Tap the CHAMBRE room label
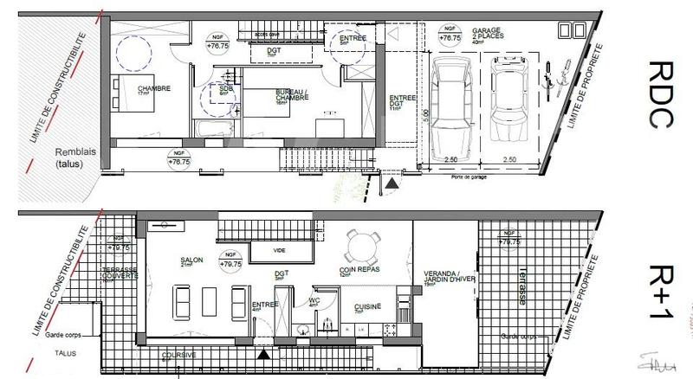point(152,89)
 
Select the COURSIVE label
point(180,355)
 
